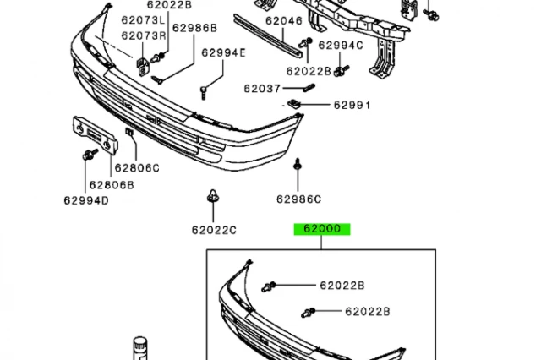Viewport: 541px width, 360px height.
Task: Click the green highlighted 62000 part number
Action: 321,229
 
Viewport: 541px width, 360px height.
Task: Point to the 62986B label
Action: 195,27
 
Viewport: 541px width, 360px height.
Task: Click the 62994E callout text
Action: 223,52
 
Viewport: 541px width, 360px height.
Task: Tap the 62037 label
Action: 263,87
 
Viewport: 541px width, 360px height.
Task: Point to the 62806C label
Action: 137,167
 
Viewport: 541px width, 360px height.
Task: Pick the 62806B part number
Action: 112,184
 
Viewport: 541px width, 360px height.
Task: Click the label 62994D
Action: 85,200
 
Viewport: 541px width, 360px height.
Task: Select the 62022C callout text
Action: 213,229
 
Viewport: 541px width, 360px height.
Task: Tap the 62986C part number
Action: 298,199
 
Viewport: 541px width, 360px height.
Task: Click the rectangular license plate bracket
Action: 91,132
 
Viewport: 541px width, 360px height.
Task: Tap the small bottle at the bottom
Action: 139,348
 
